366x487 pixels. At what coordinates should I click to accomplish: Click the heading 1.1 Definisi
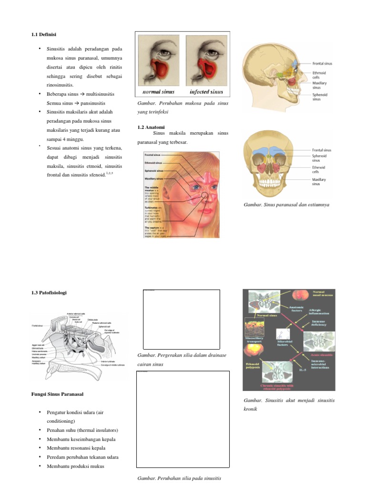coord(47,34)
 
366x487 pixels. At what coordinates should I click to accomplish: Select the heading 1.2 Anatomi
coord(151,127)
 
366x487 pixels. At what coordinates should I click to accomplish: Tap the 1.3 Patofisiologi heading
coord(50,292)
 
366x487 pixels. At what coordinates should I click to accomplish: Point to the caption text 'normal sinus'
coord(159,91)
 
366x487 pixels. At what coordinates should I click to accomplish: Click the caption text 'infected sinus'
coord(206,91)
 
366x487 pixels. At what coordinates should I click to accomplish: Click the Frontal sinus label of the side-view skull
coord(322,63)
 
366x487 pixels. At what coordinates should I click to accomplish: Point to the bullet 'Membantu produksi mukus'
coord(75,466)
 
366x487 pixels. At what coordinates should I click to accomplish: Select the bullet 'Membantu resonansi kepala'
coord(76,448)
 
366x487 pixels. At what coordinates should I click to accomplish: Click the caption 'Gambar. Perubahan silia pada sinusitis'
coord(179,478)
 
